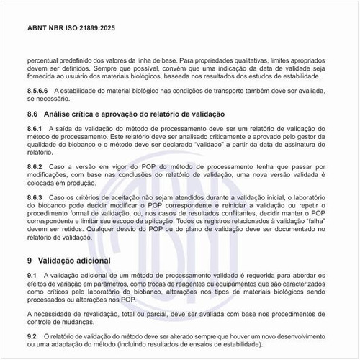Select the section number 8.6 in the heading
coord(32,114)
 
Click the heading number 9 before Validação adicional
coord(30,259)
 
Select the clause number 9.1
coord(32,275)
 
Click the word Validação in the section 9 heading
coord(60,259)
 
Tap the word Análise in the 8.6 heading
coord(59,114)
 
